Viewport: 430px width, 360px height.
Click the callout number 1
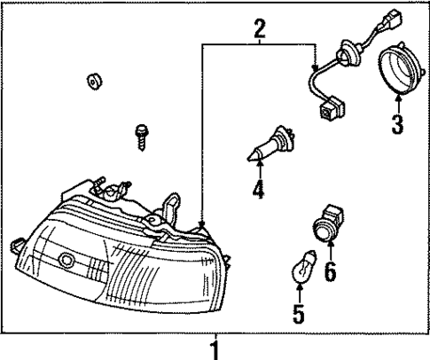[214, 347]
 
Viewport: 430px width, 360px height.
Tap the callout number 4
[257, 191]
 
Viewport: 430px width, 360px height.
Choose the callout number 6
[331, 270]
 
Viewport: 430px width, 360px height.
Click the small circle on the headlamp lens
[66, 261]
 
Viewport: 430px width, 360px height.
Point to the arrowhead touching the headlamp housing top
[202, 225]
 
